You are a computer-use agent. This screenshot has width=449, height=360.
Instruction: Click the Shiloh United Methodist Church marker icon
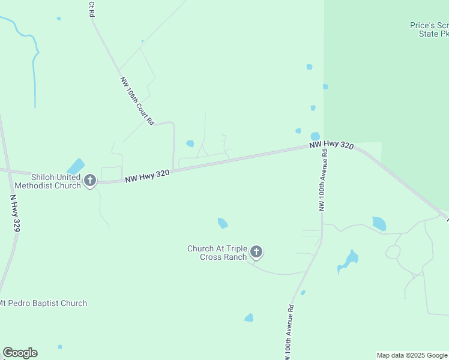(x=90, y=180)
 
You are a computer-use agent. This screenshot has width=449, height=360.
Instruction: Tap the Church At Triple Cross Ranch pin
(x=256, y=252)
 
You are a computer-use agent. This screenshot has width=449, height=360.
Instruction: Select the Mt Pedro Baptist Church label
(x=43, y=303)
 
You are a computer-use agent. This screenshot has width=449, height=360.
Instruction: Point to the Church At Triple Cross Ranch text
(x=217, y=253)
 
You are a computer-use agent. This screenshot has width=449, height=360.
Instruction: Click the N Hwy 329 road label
(x=16, y=213)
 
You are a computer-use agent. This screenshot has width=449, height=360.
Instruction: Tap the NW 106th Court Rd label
(x=137, y=100)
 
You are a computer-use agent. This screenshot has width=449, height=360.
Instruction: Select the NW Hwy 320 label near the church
(x=148, y=176)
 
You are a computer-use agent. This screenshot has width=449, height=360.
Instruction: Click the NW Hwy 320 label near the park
(x=332, y=145)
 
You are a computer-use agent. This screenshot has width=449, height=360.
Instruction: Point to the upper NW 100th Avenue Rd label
(x=323, y=180)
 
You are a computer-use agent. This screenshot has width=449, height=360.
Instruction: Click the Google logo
(x=20, y=353)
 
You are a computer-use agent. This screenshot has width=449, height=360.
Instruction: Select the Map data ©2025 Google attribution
(x=412, y=355)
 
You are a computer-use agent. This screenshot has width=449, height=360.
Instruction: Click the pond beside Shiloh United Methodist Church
(x=76, y=166)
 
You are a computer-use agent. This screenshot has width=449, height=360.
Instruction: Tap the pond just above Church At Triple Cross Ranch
(x=223, y=223)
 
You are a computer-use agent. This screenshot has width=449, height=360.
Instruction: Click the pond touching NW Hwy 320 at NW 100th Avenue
(x=315, y=137)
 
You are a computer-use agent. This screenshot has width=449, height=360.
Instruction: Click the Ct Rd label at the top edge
(x=92, y=8)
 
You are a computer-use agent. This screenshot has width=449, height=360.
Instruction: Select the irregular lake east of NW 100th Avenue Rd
(x=348, y=260)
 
